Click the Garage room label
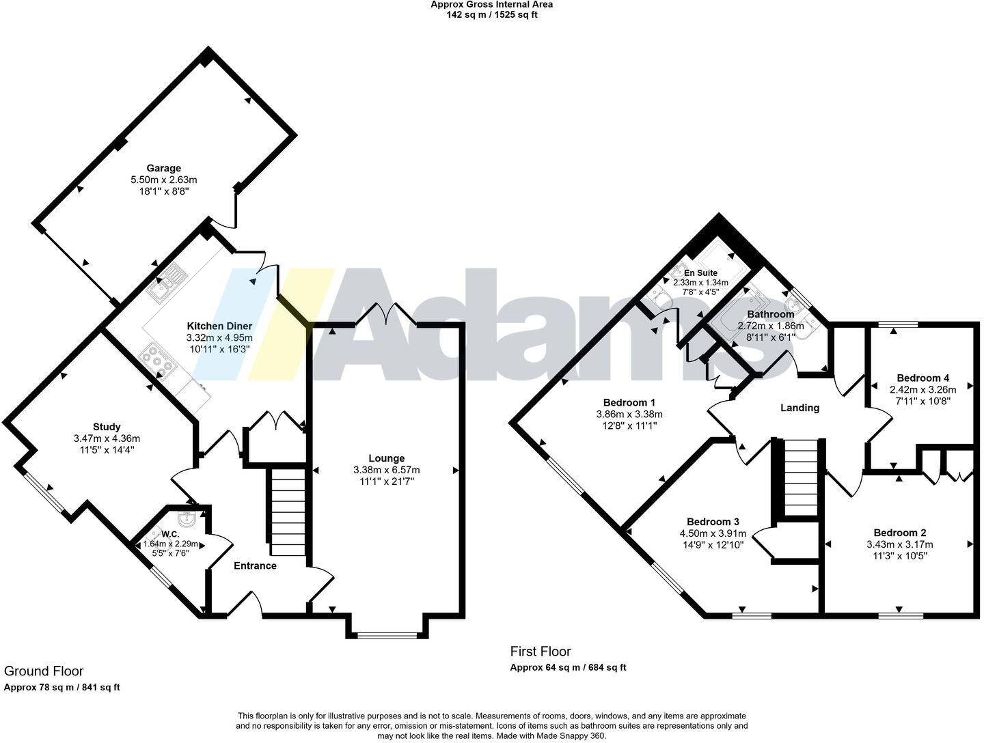164,168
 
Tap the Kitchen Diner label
219,326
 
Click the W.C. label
170,533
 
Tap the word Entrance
255,565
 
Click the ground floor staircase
288,512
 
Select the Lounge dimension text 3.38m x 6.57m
387,470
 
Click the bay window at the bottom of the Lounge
387,635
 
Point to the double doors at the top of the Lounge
387,315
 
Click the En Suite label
700,272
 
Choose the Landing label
799,408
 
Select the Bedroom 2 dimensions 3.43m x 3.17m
899,544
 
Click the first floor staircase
801,477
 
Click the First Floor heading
541,651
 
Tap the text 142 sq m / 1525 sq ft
491,14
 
